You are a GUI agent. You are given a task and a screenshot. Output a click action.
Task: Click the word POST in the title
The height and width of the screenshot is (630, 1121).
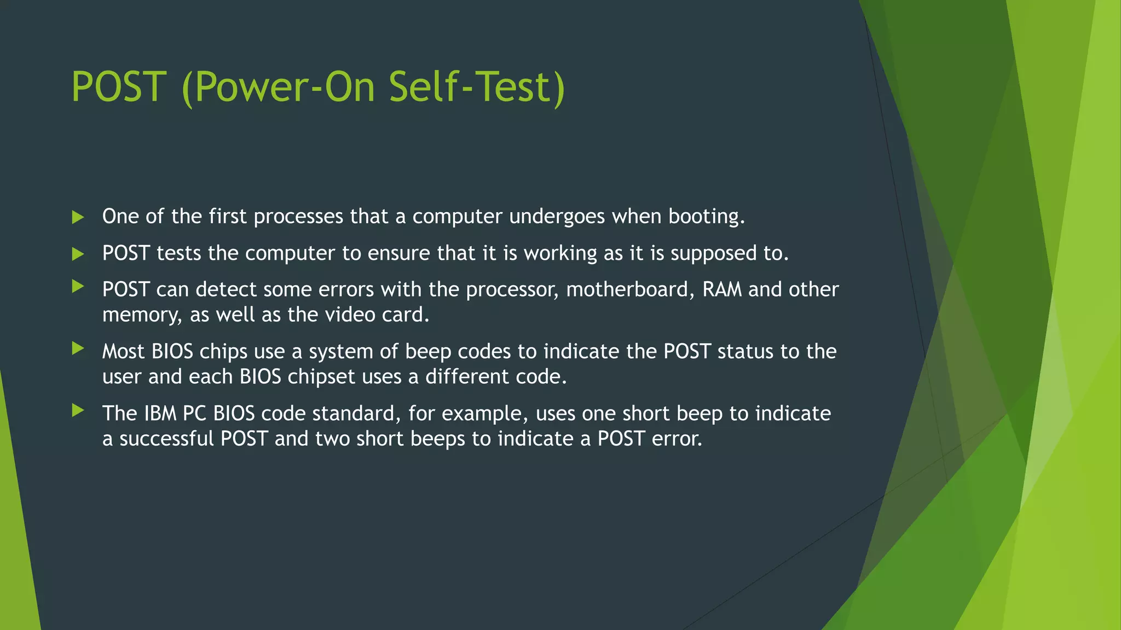(x=119, y=87)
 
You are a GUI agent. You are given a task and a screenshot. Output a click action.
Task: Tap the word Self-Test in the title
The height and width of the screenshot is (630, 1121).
(x=476, y=87)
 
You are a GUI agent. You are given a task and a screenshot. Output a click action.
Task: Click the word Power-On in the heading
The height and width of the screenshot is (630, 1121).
(x=285, y=87)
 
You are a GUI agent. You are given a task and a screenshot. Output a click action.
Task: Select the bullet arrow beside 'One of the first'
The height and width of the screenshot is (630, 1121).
(x=78, y=218)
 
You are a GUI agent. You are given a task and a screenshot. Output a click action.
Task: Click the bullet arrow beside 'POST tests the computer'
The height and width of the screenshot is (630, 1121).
(x=78, y=254)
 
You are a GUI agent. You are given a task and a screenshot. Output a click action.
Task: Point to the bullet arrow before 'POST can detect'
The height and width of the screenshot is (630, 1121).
(x=78, y=286)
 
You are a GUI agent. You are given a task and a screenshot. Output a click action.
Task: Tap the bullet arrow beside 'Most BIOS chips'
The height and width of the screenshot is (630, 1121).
(x=78, y=348)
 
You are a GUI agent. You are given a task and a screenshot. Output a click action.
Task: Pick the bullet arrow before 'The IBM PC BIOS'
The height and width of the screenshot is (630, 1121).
(x=78, y=410)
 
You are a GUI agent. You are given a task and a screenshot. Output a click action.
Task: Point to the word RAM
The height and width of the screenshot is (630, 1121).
(x=721, y=289)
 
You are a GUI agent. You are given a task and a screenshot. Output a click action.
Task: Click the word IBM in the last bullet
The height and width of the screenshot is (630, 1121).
(x=160, y=413)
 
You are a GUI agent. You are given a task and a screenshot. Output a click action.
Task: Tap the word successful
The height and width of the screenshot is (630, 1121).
(x=166, y=439)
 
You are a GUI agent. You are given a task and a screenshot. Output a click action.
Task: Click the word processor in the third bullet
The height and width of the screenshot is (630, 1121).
(x=512, y=290)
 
